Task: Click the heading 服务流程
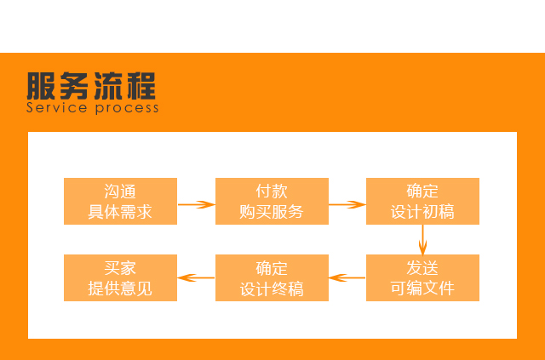click(91, 86)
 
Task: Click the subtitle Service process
click(92, 108)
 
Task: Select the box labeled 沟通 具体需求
click(120, 201)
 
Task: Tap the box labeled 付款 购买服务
click(272, 201)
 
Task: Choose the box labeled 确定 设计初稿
click(422, 201)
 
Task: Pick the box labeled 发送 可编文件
click(422, 277)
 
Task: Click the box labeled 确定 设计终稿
click(272, 277)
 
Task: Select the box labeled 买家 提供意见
click(120, 277)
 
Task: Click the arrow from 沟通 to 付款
click(196, 204)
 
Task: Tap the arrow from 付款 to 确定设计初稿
click(347, 204)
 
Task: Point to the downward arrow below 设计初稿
click(423, 239)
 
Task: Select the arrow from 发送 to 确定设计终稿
click(347, 277)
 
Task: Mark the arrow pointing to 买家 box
click(196, 277)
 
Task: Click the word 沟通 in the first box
click(120, 191)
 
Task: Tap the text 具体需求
click(120, 212)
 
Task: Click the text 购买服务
click(272, 212)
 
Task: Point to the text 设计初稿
click(422, 212)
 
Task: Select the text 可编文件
click(422, 289)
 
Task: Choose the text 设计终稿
click(272, 289)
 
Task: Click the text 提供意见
click(120, 289)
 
